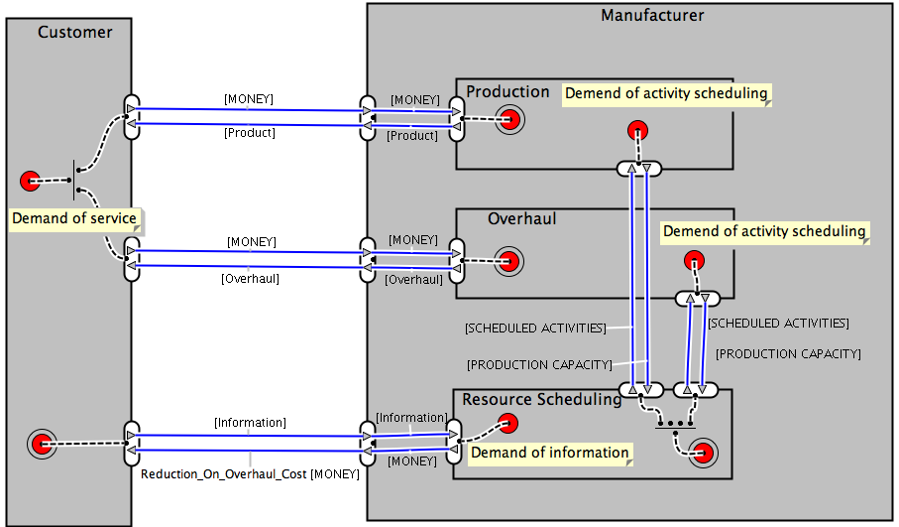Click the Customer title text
[x=74, y=32]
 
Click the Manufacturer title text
[x=652, y=16]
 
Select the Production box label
[x=507, y=91]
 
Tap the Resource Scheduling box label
[x=541, y=399]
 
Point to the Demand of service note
[x=74, y=218]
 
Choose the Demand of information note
[x=549, y=453]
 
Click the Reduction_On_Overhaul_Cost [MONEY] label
[x=249, y=474]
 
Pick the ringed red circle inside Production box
[x=510, y=121]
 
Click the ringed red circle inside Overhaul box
[x=509, y=263]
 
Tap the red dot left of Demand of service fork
[x=30, y=181]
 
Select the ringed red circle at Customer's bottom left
[x=41, y=444]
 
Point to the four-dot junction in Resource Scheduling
[x=675, y=423]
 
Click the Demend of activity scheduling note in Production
[x=666, y=93]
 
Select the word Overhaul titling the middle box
[x=521, y=218]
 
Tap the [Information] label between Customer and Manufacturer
[x=250, y=423]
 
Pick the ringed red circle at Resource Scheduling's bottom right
[x=705, y=455]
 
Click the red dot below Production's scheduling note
[x=637, y=130]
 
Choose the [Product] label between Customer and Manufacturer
[x=250, y=132]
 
